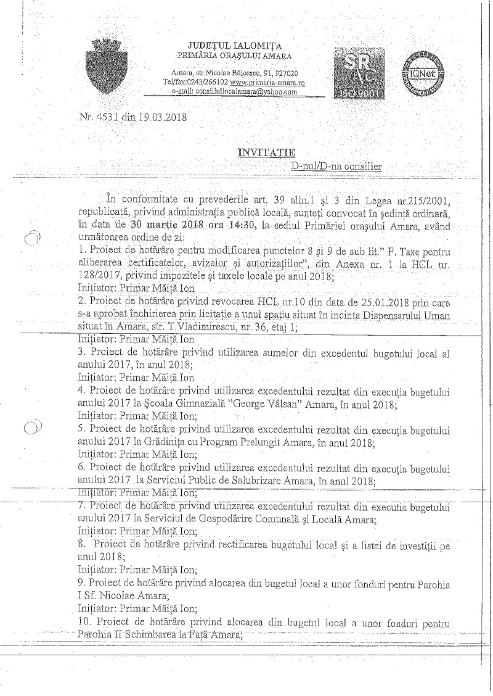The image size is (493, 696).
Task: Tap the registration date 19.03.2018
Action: [163, 117]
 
